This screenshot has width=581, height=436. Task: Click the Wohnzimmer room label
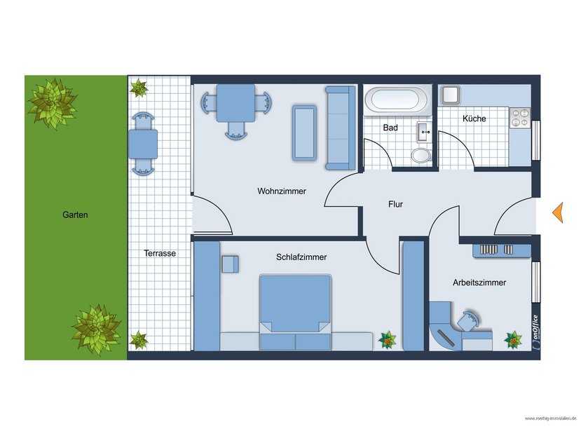[x=281, y=191]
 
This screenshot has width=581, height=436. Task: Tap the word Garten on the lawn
[x=75, y=215]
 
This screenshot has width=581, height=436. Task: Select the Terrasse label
[x=160, y=253]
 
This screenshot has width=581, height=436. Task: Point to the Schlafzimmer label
[x=301, y=257]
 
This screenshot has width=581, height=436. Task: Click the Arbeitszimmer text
[x=479, y=282]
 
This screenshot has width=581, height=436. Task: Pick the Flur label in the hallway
[x=396, y=205]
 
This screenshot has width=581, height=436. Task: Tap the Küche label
[x=474, y=119]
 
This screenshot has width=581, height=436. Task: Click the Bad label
[x=390, y=128]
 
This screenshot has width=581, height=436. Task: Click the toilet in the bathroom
[x=421, y=154]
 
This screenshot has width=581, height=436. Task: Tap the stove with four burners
[x=519, y=117]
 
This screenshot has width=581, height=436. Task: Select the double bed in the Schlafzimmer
[x=295, y=312]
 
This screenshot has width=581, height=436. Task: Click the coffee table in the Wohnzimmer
[x=305, y=132]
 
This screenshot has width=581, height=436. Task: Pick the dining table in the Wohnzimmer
[x=235, y=104]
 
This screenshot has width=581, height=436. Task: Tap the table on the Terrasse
[x=142, y=144]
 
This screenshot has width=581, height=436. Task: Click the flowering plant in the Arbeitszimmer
[x=514, y=339]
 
